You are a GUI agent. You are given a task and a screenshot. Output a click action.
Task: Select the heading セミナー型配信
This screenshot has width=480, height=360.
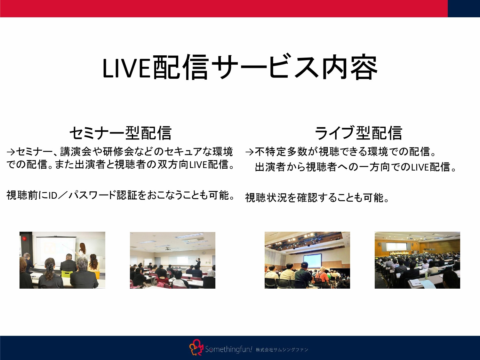120,133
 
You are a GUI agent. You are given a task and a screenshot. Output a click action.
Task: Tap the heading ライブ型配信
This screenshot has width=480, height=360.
358,133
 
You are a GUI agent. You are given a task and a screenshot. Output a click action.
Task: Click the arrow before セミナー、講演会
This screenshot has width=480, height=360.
11,152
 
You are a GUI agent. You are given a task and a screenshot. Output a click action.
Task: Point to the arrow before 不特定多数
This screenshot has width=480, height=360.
250,152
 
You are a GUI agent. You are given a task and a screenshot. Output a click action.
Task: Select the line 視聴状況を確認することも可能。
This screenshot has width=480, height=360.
317,198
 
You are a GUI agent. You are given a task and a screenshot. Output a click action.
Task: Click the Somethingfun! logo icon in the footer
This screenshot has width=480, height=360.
196,348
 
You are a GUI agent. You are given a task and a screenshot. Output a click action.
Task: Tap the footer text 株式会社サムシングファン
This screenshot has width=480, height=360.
282,350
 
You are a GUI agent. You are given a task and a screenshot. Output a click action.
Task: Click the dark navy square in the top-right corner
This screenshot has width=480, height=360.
464,8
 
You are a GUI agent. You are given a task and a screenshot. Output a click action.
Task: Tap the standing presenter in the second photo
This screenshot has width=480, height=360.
198,263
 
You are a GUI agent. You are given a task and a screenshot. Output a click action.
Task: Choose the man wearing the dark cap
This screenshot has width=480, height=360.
303,272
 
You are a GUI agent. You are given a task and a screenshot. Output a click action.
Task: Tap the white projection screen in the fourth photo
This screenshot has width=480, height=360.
396,246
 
